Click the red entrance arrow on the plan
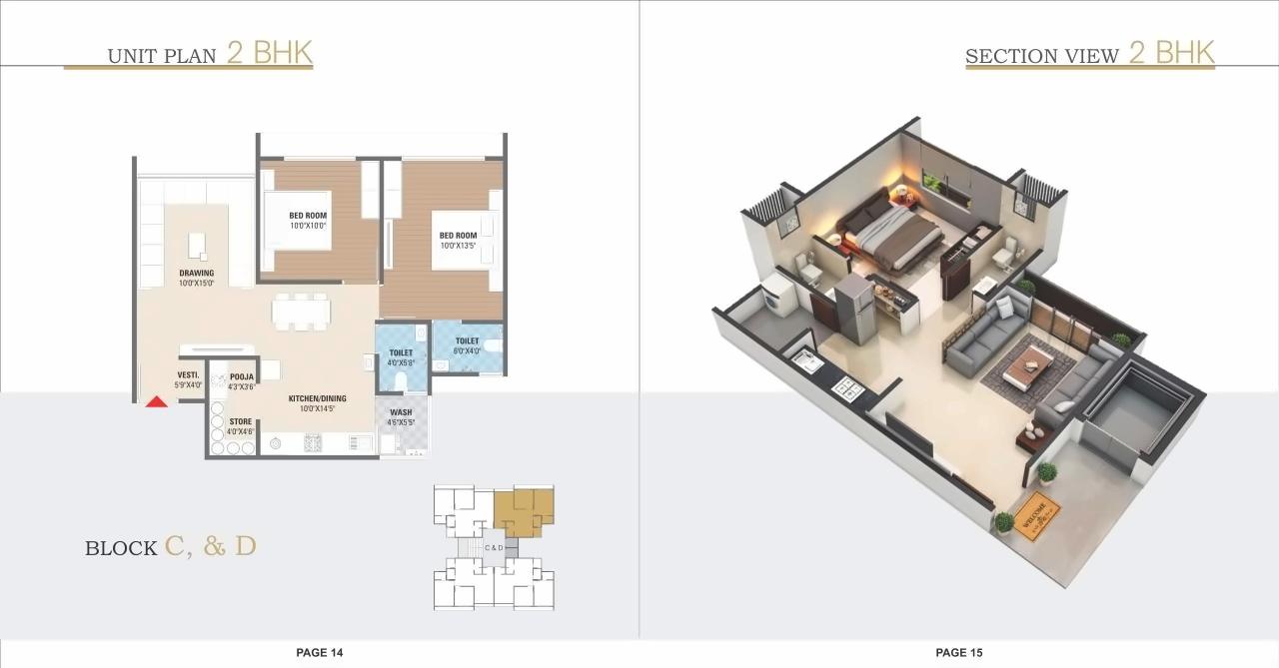coord(156,402)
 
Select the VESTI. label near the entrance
coord(189,380)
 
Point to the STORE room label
coord(241,426)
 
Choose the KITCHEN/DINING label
coord(318,403)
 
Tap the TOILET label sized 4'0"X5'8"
coord(401,357)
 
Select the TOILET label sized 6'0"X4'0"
coord(467,345)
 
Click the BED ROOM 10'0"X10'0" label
coord(308,220)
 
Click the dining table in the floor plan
coord(301,312)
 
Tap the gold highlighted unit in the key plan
coord(523,509)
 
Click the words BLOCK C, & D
coord(171,547)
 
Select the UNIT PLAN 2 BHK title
coord(211,53)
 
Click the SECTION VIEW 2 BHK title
coord(1089,53)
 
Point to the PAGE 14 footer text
coord(320,652)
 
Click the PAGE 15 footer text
coord(959,652)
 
